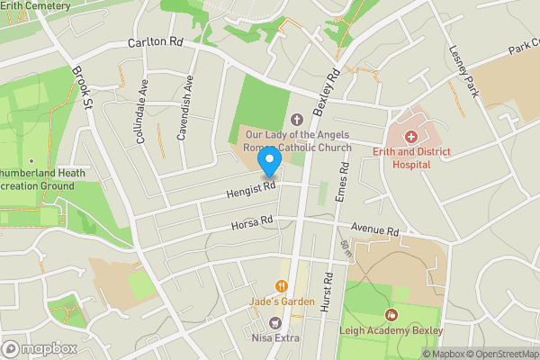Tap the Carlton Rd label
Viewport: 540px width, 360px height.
tap(155, 42)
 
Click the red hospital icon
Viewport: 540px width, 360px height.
tap(411, 137)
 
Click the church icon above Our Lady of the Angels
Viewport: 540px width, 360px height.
tap(297, 119)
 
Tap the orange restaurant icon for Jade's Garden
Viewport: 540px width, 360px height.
tap(282, 286)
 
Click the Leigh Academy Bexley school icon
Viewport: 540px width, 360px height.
tap(391, 315)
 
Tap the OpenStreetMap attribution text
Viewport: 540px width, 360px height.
tap(500, 354)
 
